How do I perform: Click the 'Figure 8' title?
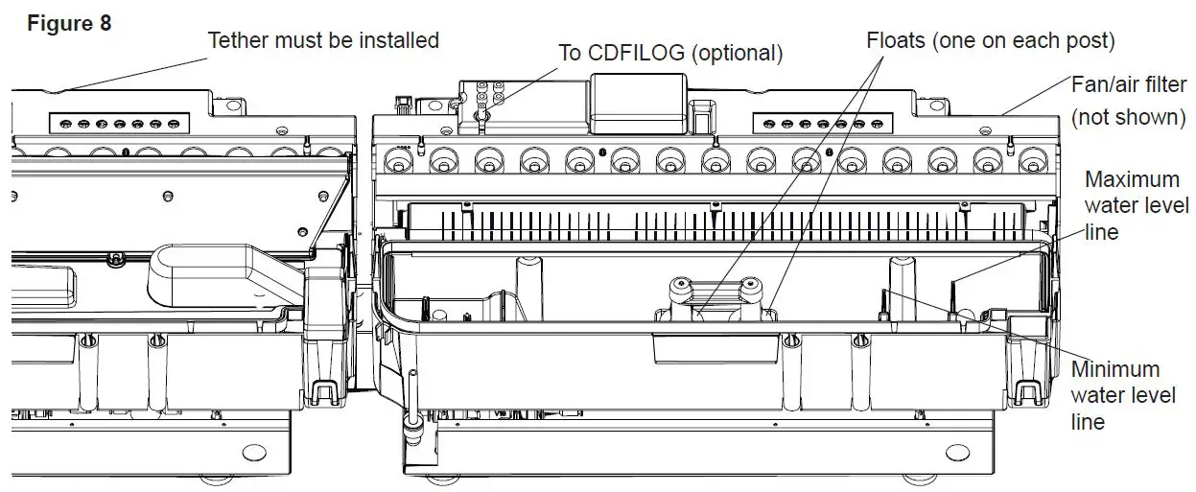pyautogui.click(x=69, y=23)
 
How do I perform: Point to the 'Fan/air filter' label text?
pyautogui.click(x=1129, y=85)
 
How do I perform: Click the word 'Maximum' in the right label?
pyautogui.click(x=1132, y=179)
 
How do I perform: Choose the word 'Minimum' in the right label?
pyautogui.click(x=1115, y=369)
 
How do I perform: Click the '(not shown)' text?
pyautogui.click(x=1129, y=117)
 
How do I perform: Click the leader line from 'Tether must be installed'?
pyautogui.click(x=134, y=71)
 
